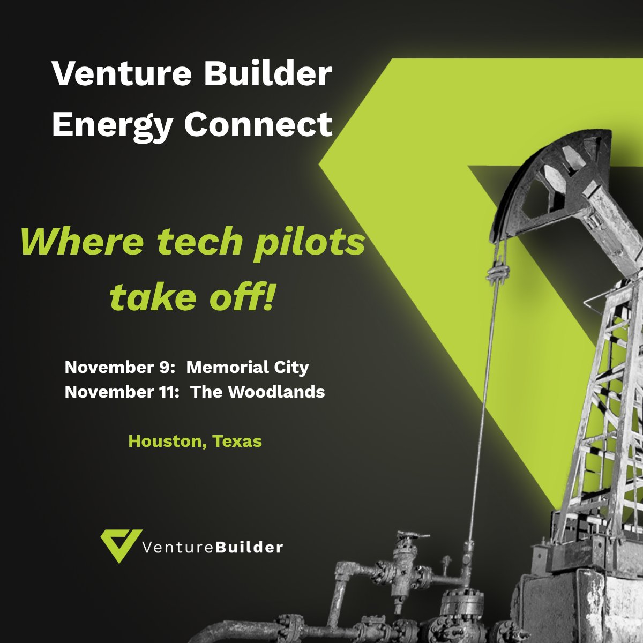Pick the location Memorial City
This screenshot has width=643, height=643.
click(x=248, y=368)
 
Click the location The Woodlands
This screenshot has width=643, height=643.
click(x=258, y=392)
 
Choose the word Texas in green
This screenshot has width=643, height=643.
click(x=237, y=441)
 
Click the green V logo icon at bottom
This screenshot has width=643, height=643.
click(x=122, y=545)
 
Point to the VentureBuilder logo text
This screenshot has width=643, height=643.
click(x=213, y=547)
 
